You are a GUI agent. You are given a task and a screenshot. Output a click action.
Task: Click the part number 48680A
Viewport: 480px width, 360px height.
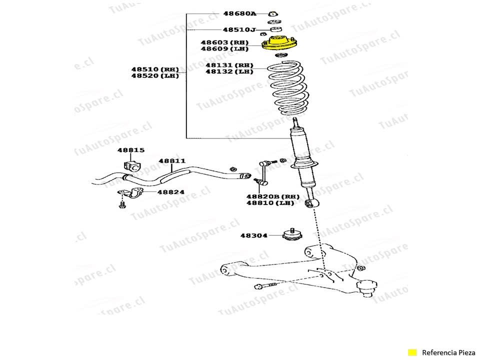pos(239,13)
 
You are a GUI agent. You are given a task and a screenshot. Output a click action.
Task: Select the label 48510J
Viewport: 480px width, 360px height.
pos(239,30)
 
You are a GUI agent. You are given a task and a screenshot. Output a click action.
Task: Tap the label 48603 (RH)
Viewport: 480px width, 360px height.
pos(224,43)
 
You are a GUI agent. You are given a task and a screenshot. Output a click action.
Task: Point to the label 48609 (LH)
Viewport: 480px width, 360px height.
pos(224,49)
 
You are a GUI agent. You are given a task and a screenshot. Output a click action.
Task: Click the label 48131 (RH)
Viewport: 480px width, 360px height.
pos(229,65)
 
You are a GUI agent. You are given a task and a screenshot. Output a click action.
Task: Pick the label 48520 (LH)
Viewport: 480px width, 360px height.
pos(155,76)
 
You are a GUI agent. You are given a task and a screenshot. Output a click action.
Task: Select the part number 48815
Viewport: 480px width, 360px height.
pos(131,150)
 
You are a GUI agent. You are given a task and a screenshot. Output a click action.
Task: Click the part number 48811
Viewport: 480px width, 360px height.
pos(172,161)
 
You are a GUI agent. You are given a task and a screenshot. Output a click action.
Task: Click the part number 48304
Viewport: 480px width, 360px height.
pos(253,235)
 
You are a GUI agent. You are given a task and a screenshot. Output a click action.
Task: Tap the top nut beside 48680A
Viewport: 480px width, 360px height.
pos(273,13)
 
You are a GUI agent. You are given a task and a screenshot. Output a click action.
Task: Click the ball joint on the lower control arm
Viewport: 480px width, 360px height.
pos(366,287)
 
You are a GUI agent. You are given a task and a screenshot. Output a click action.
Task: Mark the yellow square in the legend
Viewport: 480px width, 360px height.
pos(412,352)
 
